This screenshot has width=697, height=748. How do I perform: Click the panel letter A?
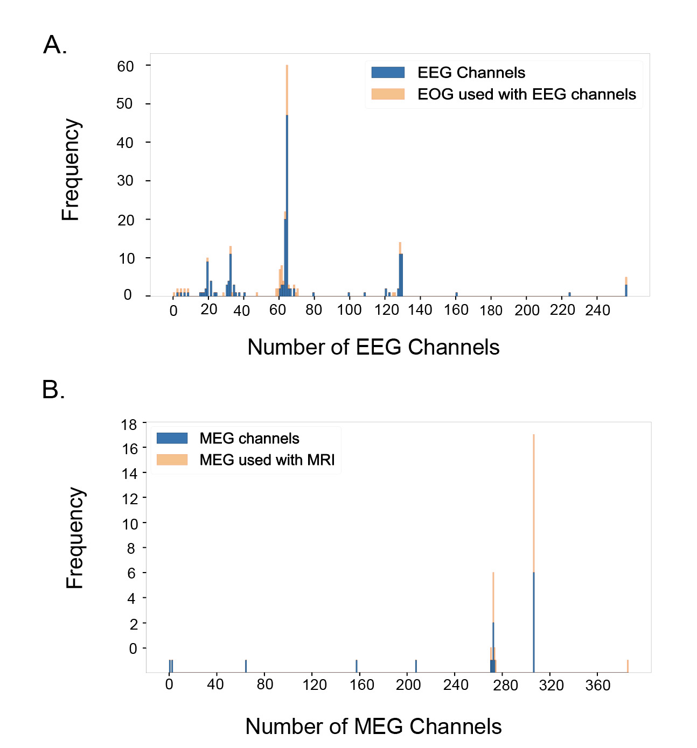click(x=55, y=45)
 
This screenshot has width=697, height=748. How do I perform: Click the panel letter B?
click(x=53, y=390)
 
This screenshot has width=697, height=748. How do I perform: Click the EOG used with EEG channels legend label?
click(x=526, y=94)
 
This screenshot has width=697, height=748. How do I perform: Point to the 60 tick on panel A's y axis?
click(x=126, y=66)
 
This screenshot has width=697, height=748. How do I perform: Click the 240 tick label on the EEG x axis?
click(x=597, y=311)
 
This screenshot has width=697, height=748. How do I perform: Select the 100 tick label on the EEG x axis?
click(x=349, y=311)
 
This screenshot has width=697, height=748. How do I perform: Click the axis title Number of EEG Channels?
click(x=373, y=347)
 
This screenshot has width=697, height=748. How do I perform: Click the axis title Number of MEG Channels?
click(x=373, y=726)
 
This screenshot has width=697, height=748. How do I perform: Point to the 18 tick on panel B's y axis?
click(x=129, y=425)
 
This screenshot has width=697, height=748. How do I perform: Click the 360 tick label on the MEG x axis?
click(x=598, y=685)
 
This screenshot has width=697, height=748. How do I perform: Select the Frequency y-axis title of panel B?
click(x=75, y=538)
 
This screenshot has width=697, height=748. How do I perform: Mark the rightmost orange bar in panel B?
click(x=628, y=666)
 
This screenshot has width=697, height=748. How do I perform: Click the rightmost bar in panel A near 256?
click(x=626, y=287)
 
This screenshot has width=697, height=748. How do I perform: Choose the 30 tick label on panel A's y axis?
click(x=125, y=181)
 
